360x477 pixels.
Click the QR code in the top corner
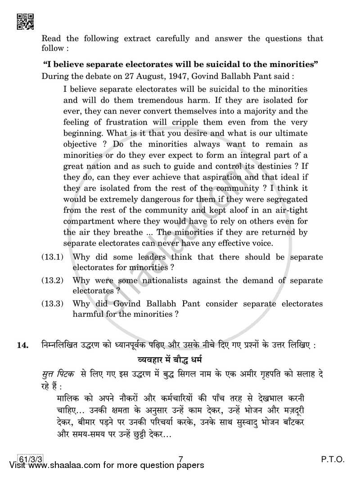coord(25,22)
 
